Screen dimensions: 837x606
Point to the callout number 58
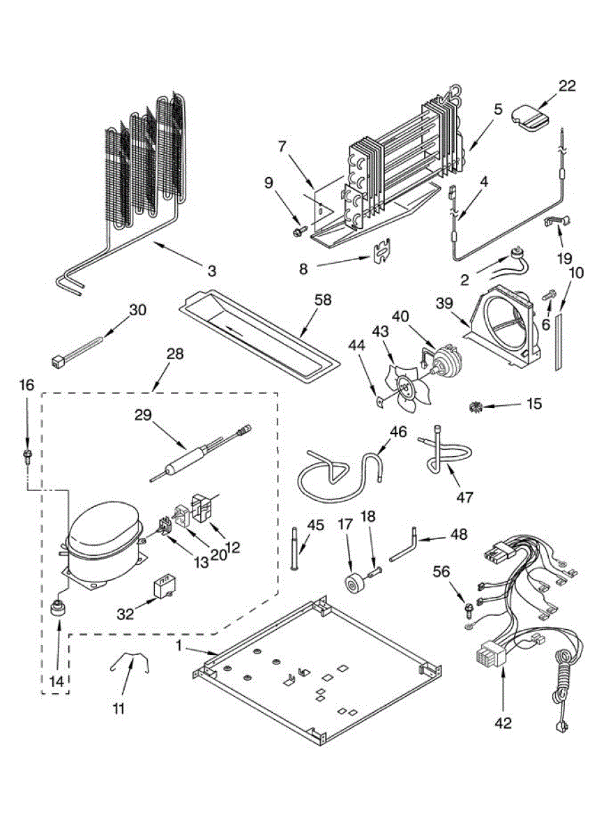click(322, 301)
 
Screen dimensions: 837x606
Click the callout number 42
click(503, 723)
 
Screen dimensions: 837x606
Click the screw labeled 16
click(27, 457)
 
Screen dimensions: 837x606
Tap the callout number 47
click(465, 497)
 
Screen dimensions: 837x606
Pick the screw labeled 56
click(467, 612)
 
